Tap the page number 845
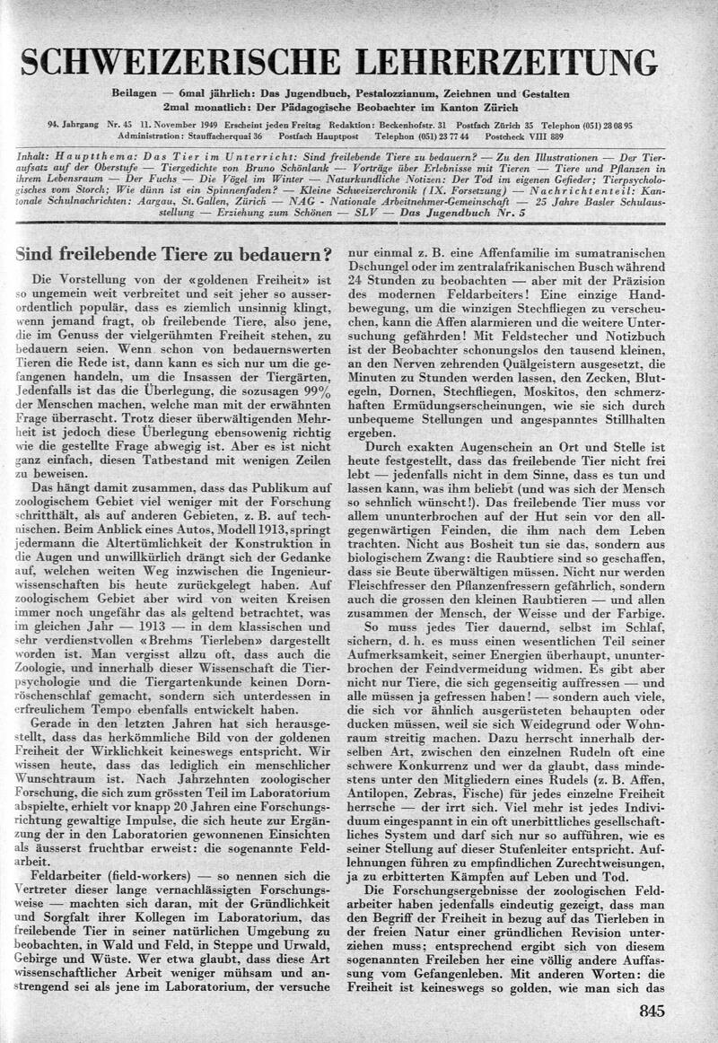tap(652, 1012)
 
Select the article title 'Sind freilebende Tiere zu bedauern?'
tap(171, 254)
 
